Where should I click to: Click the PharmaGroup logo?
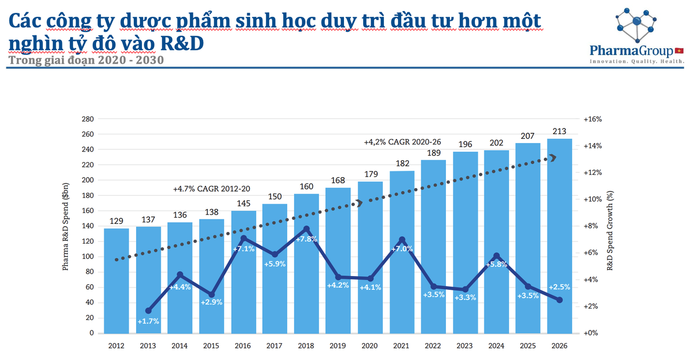pos(637,36)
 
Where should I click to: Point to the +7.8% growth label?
pos(307,239)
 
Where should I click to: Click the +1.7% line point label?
pos(148,321)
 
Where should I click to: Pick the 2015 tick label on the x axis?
pos(211,346)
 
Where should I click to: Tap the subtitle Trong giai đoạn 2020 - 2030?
pos(86,60)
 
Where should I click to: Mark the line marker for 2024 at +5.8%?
pos(496,256)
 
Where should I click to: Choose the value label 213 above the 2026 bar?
pos(559,131)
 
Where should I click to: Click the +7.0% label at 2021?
pos(401,249)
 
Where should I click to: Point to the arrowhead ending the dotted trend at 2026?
pos(553,157)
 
